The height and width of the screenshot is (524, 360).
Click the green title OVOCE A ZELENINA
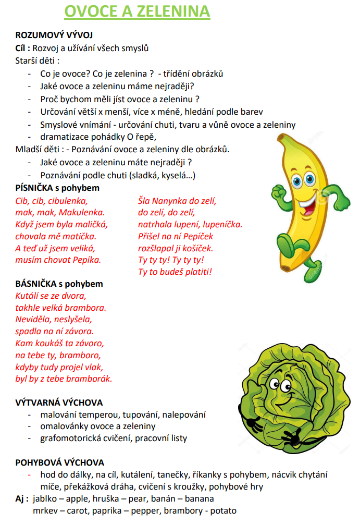(137, 11)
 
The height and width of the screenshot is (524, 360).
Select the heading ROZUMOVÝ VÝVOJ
(54, 35)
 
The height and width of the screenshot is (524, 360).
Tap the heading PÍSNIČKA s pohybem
(57, 188)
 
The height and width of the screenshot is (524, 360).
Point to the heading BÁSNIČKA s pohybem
(59, 284)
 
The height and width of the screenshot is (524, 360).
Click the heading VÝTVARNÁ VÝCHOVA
(59, 403)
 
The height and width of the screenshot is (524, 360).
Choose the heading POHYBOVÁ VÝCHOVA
(60, 462)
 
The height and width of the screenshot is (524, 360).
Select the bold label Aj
(21, 499)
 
